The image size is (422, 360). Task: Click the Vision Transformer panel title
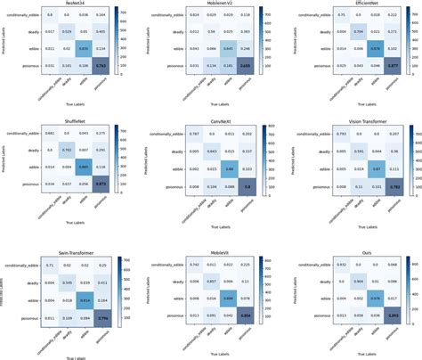click(x=351, y=124)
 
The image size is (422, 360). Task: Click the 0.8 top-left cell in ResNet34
click(x=51, y=15)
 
